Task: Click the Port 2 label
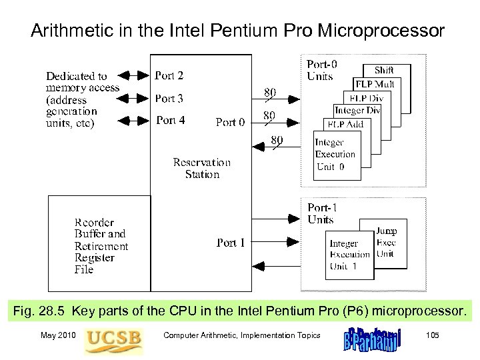pos(169,76)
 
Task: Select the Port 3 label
pos(169,99)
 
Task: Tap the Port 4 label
pos(170,121)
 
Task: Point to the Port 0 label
pos(230,123)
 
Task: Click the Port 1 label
pos(231,243)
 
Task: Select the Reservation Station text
pos(201,168)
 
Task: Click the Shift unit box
pos(386,71)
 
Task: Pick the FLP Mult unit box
pos(375,85)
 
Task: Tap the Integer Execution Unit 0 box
pos(337,155)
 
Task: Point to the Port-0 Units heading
pos(321,70)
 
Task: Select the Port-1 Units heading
pos(321,213)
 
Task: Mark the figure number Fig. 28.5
pos(41,311)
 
